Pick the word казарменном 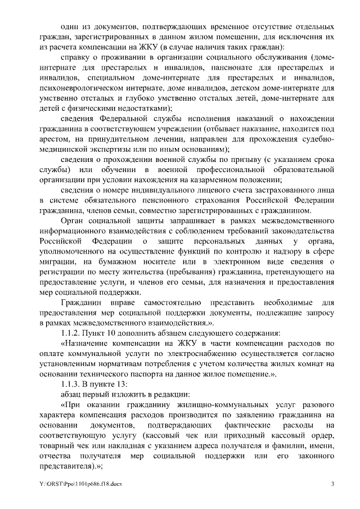point(229,180)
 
